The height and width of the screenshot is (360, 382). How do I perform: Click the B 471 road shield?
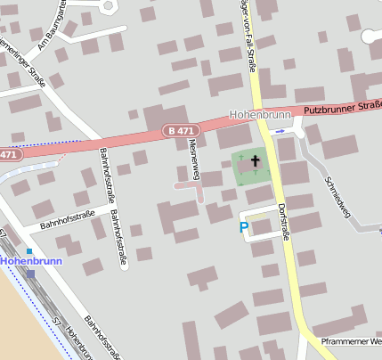tap(180, 131)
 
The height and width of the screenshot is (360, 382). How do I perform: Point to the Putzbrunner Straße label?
tap(342, 108)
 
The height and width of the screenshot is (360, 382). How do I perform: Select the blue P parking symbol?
tap(244, 229)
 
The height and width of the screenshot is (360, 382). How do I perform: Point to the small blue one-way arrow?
tap(281, 131)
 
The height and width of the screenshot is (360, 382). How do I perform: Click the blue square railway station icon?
tap(28, 251)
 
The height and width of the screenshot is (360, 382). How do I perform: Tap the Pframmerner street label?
tap(352, 340)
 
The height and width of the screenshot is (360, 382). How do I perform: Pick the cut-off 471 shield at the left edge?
tap(7, 154)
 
